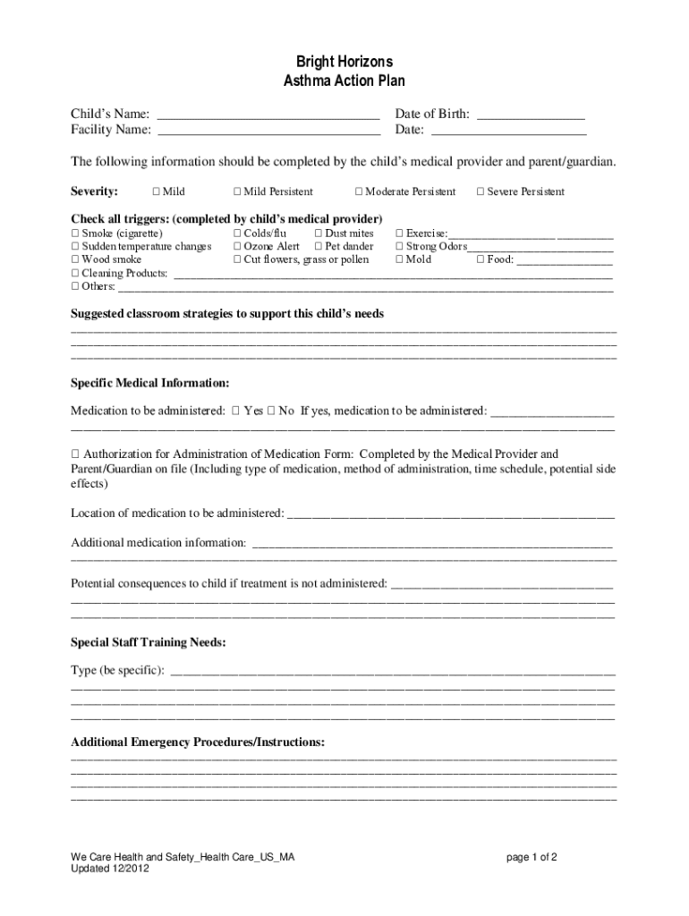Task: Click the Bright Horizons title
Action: (344, 62)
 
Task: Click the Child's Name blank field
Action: (268, 114)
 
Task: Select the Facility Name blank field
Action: (268, 131)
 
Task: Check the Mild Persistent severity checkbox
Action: (237, 191)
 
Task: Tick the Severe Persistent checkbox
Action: (481, 191)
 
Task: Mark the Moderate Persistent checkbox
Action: (359, 191)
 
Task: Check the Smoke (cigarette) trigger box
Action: (75, 233)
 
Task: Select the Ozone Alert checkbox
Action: (237, 247)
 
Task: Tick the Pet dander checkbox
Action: (319, 247)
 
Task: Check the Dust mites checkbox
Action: (319, 233)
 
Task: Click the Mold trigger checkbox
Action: (399, 260)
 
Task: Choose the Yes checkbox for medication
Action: (235, 411)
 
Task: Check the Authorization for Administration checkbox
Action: (75, 454)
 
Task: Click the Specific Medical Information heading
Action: (150, 383)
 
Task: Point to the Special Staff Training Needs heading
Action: (148, 642)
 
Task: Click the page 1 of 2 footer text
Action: (532, 857)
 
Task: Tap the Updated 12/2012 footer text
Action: (112, 869)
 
